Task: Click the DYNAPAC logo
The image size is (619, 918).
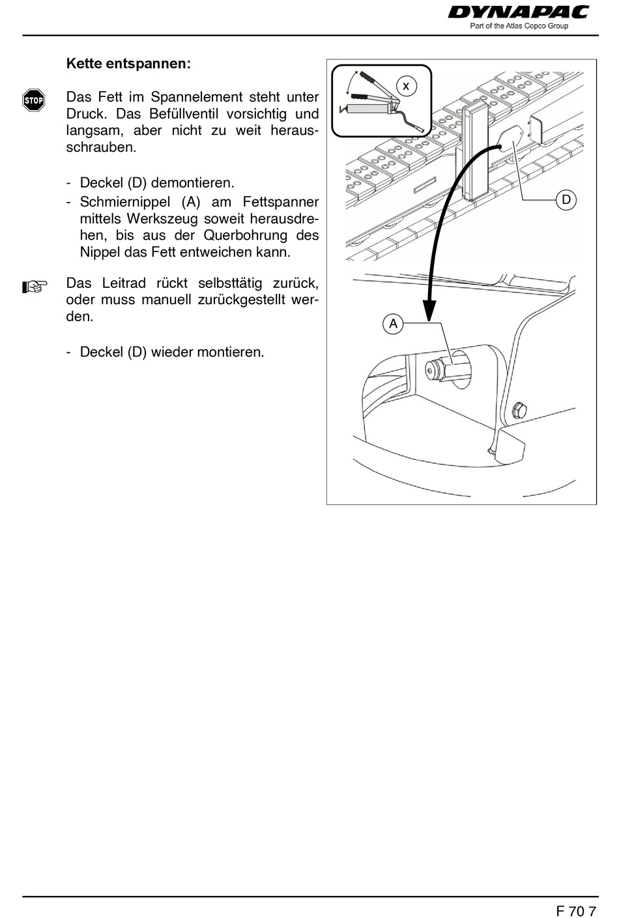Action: click(x=518, y=12)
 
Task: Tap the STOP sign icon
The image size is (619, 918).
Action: click(x=33, y=100)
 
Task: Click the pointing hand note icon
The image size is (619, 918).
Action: click(x=35, y=286)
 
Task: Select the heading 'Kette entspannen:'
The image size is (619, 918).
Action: click(x=128, y=64)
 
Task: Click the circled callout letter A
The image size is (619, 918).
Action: click(x=393, y=324)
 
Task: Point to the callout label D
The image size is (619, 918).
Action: click(x=566, y=200)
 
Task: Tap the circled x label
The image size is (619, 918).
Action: click(x=406, y=85)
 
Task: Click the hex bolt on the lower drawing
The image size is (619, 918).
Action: click(x=519, y=410)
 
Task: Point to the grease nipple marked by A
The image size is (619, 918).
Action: click(x=433, y=369)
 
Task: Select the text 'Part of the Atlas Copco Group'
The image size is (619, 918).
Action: click(x=519, y=26)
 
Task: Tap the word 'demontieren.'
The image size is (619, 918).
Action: click(x=192, y=183)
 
